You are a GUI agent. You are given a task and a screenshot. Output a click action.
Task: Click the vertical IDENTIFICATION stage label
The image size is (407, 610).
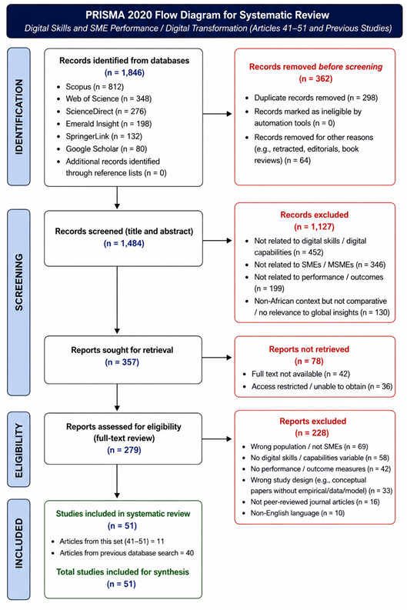[x=18, y=117]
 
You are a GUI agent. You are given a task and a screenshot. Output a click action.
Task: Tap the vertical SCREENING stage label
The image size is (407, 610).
[x=18, y=282]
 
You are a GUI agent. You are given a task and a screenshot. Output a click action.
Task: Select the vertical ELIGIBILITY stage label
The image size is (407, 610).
[x=18, y=451]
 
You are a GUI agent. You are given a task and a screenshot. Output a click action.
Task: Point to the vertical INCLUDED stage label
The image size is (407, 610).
[x=18, y=543]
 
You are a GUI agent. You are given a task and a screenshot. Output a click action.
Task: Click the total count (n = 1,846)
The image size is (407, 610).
[x=124, y=73]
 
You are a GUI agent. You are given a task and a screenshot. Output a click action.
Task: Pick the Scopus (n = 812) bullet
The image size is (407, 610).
[x=95, y=87]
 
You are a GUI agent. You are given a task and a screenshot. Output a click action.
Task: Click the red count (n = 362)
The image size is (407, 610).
[x=315, y=79]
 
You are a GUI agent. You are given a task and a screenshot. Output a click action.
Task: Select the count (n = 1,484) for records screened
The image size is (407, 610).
[x=124, y=244]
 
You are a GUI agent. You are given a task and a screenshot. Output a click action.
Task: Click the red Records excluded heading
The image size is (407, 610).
[x=315, y=215]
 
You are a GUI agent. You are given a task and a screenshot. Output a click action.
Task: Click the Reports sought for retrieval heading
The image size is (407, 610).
[x=122, y=350]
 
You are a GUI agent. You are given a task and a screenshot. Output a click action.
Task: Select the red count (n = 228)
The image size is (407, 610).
[x=312, y=433]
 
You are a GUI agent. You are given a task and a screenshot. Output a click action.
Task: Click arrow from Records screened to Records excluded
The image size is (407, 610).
[x=217, y=241]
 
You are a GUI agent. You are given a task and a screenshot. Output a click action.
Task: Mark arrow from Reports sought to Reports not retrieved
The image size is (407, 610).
[x=217, y=357]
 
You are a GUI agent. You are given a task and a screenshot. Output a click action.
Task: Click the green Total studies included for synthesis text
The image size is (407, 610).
[x=122, y=572]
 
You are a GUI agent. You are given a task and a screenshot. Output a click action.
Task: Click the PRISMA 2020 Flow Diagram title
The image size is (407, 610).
[x=208, y=15]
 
